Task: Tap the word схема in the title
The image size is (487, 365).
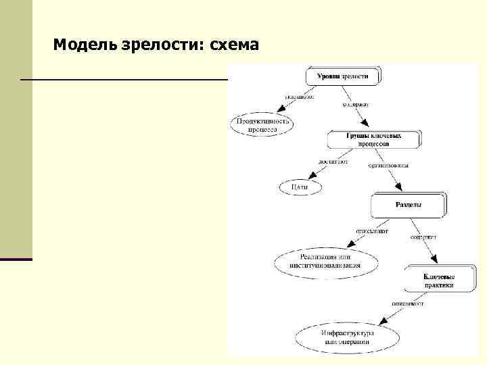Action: tap(235, 45)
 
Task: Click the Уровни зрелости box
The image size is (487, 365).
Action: tap(344, 76)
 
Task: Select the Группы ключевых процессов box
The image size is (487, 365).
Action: tap(374, 139)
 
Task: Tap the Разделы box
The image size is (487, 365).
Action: tap(408, 205)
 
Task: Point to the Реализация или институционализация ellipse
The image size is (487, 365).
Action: tap(326, 261)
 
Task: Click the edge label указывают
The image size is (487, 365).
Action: tap(300, 97)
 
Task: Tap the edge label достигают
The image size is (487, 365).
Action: tap(334, 162)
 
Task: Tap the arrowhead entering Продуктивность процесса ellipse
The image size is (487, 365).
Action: tap(280, 110)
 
